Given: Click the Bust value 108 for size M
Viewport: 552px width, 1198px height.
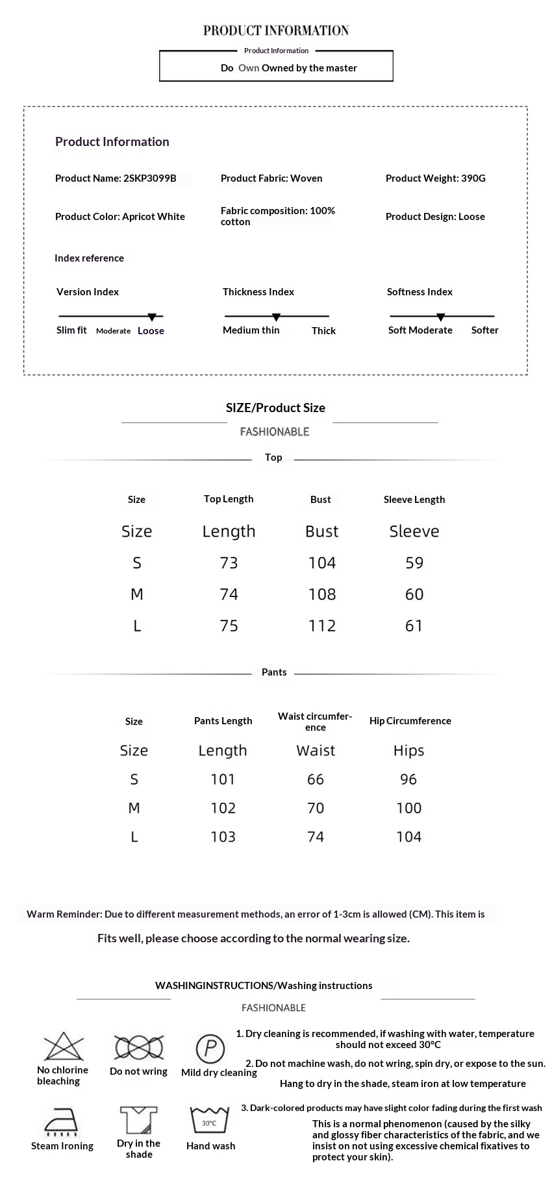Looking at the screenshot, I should (322, 594).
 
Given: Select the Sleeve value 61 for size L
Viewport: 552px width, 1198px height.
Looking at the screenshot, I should (414, 626).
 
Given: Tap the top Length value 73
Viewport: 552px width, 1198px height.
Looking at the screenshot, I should (229, 563).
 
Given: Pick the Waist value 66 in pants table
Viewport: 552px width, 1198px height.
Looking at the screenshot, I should (316, 779).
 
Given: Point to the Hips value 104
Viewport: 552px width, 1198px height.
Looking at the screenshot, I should (408, 837).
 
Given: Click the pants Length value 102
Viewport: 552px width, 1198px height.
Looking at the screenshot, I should (223, 808).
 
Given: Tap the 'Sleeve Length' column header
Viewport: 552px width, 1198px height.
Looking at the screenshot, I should (414, 499).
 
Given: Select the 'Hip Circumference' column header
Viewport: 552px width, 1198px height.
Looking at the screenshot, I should (410, 721).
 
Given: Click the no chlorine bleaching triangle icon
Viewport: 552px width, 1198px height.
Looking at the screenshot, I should (64, 1047).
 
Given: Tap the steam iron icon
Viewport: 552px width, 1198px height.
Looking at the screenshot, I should (62, 1122).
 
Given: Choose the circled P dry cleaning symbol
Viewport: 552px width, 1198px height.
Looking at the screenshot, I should (210, 1048).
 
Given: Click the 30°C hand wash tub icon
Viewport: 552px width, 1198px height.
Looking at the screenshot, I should (210, 1121).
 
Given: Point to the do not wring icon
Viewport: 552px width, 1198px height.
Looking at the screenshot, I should (138, 1047).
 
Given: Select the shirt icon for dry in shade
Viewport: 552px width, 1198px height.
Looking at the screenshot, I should (138, 1121).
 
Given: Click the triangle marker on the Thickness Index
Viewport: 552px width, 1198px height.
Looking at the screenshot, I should (276, 317).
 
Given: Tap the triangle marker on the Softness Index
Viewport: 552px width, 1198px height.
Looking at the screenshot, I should (440, 317).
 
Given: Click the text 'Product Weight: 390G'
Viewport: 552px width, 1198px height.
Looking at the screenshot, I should (435, 178).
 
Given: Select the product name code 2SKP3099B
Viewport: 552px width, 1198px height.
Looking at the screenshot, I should (149, 178).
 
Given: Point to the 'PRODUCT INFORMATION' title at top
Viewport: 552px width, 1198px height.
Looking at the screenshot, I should (276, 31).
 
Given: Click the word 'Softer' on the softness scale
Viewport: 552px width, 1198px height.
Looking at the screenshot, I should (484, 330).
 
